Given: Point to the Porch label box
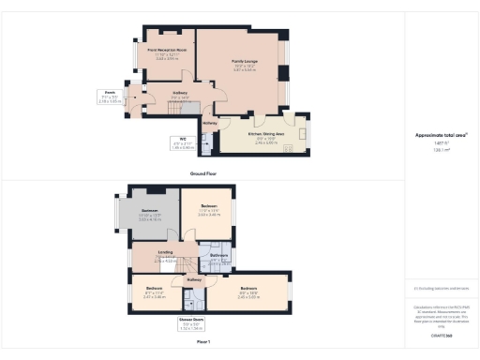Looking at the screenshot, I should click(x=110, y=97).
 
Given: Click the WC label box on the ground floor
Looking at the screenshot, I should click(x=183, y=143).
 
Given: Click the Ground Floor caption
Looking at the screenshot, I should click(x=204, y=174).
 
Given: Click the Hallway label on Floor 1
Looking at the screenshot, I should click(x=195, y=279).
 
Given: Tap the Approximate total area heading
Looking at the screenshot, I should click(x=440, y=135).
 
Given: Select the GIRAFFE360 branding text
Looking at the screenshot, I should click(x=441, y=335).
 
